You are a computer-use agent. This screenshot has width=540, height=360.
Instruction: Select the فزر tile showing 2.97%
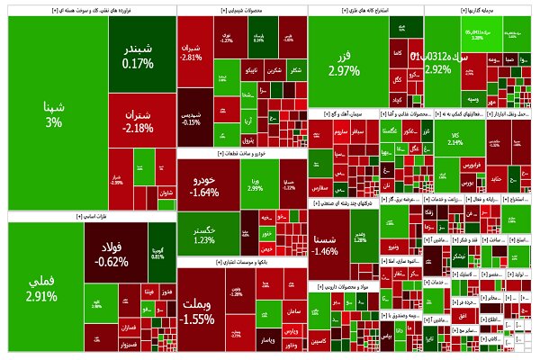pos(345,63)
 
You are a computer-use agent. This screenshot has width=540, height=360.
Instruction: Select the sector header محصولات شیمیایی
pos(241,10)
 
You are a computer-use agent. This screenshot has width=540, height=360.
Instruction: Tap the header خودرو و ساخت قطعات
pos(241,155)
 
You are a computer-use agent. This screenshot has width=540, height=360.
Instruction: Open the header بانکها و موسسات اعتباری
pos(241,262)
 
